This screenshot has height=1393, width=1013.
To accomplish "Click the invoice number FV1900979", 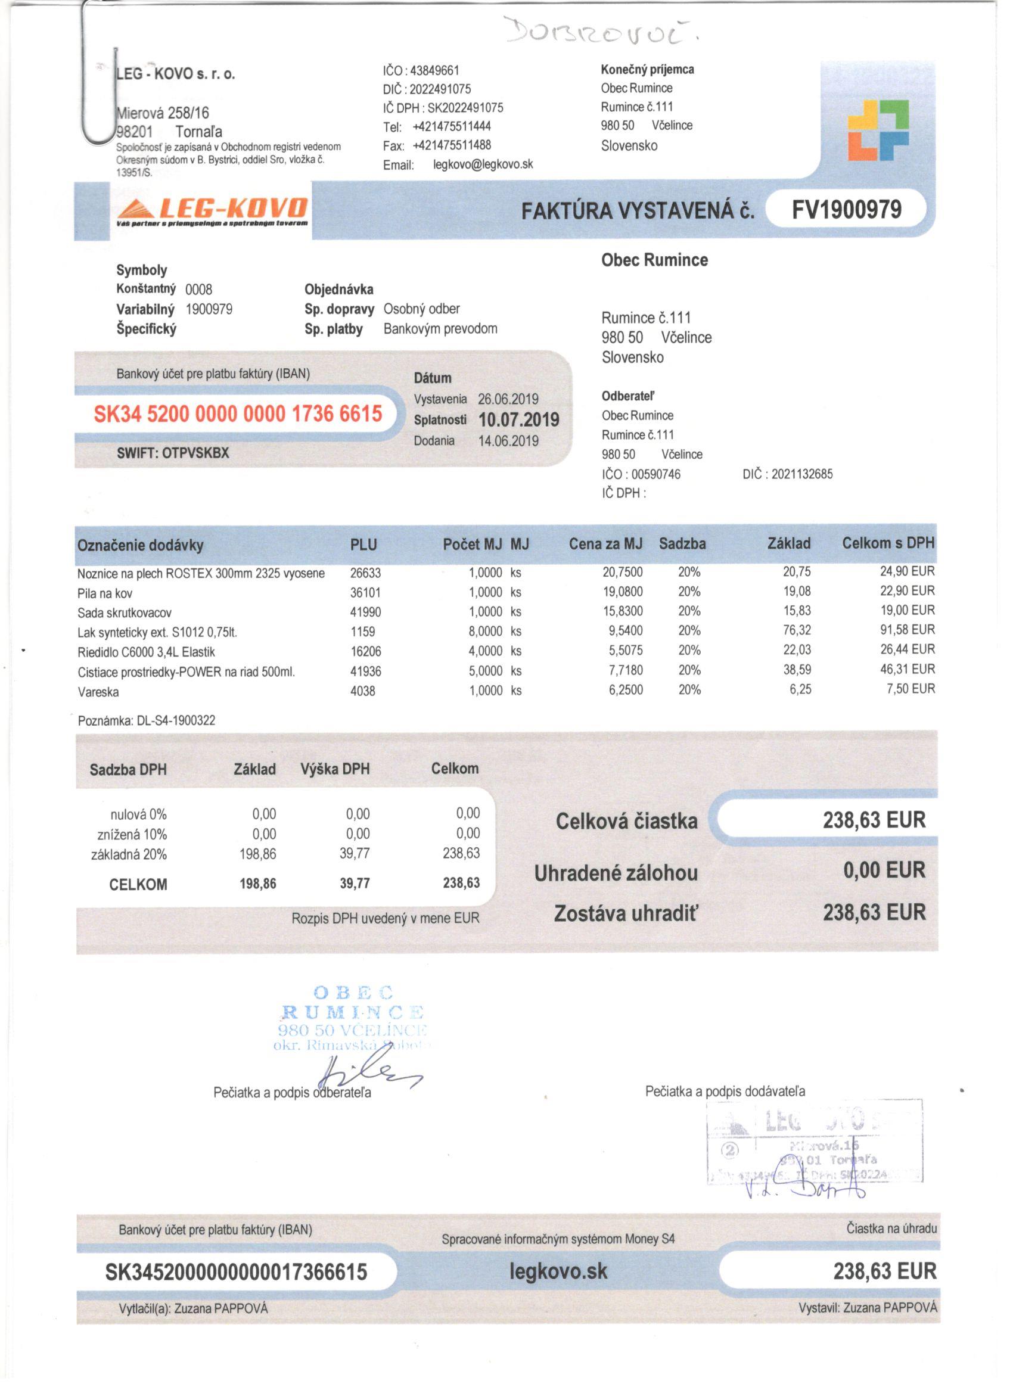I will pyautogui.click(x=846, y=210).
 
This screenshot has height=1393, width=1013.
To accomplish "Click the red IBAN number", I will pyautogui.click(x=238, y=414).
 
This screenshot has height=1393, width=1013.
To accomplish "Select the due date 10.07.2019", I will pyautogui.click(x=518, y=420).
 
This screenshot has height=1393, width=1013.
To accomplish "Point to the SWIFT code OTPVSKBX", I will pyautogui.click(x=195, y=453).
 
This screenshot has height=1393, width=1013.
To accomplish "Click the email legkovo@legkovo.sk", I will pyautogui.click(x=483, y=164).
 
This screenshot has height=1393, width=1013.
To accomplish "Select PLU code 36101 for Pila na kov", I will pyautogui.click(x=365, y=593).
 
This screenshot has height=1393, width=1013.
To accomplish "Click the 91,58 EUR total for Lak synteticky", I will pyautogui.click(x=907, y=630).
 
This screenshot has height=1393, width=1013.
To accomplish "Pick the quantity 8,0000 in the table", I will pyautogui.click(x=485, y=632).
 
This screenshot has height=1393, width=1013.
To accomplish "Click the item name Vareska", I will pyautogui.click(x=98, y=692).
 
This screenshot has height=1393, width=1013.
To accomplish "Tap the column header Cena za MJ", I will pyautogui.click(x=605, y=543).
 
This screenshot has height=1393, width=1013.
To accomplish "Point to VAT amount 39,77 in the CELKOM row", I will pyautogui.click(x=355, y=883).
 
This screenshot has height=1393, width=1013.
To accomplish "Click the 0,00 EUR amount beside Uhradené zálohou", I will pyautogui.click(x=884, y=870).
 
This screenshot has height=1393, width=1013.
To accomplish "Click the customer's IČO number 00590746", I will pyautogui.click(x=655, y=474).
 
